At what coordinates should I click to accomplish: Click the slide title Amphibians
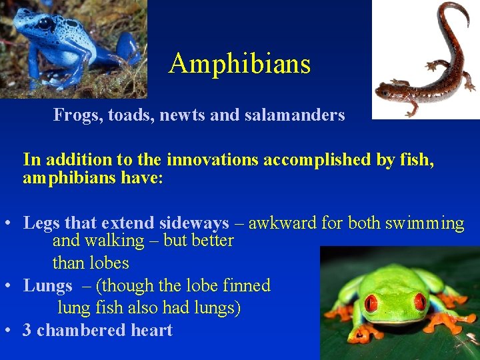(x=240, y=64)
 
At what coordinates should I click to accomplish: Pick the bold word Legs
(x=41, y=223)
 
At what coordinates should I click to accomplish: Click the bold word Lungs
(x=47, y=285)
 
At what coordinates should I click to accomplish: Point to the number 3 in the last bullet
(x=27, y=330)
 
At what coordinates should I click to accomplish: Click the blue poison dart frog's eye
(x=46, y=25)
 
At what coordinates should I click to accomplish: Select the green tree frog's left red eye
(x=371, y=304)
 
